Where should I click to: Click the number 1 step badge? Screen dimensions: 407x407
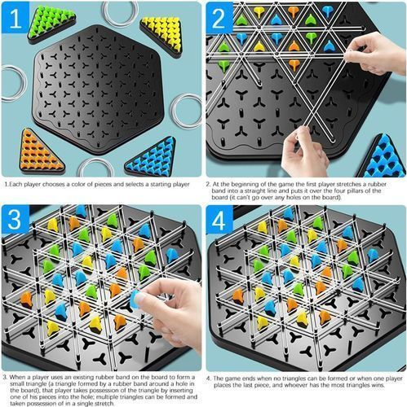click(x=15, y=17)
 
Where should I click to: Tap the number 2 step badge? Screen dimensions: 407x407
click(x=219, y=17)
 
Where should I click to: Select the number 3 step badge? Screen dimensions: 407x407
click(x=15, y=219)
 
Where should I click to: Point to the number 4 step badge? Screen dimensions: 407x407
click(x=219, y=220)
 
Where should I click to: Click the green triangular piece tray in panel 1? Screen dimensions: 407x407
click(x=51, y=23)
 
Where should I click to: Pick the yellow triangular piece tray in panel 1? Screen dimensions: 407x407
click(x=162, y=35)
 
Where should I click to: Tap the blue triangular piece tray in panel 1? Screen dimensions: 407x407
click(x=153, y=157)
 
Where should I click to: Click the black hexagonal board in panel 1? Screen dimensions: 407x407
click(x=99, y=90)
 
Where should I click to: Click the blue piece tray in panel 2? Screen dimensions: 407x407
click(x=383, y=157)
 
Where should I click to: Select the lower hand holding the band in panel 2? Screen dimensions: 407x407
click(x=303, y=153)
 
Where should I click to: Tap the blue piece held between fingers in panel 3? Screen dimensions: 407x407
click(x=135, y=299)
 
